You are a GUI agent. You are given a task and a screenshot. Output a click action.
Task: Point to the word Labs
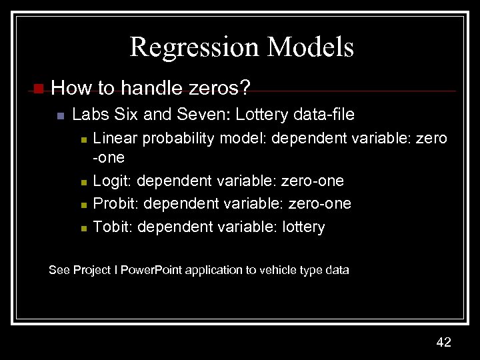point(88,115)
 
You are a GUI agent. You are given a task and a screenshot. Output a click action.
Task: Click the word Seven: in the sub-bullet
point(193,115)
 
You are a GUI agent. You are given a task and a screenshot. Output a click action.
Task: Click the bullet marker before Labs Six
point(59,117)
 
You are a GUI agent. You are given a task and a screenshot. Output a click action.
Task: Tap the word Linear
point(113,138)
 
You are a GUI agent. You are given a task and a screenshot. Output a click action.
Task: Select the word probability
point(173,138)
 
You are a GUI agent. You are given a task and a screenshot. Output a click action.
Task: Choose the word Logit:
point(113,181)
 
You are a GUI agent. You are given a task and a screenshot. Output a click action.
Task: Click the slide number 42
point(443,342)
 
